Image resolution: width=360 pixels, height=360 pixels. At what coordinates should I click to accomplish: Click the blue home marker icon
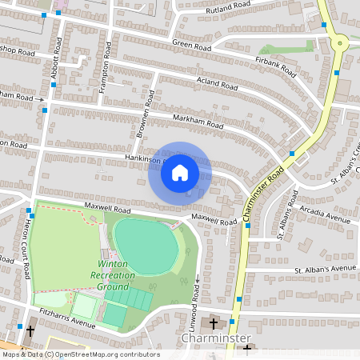tap(180, 171)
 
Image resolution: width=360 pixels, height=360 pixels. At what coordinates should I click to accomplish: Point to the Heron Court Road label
tap(28, 250)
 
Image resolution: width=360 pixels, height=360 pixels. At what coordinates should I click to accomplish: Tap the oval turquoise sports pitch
tap(145, 245)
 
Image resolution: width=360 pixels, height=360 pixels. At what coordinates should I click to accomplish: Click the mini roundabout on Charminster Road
tap(340, 43)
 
